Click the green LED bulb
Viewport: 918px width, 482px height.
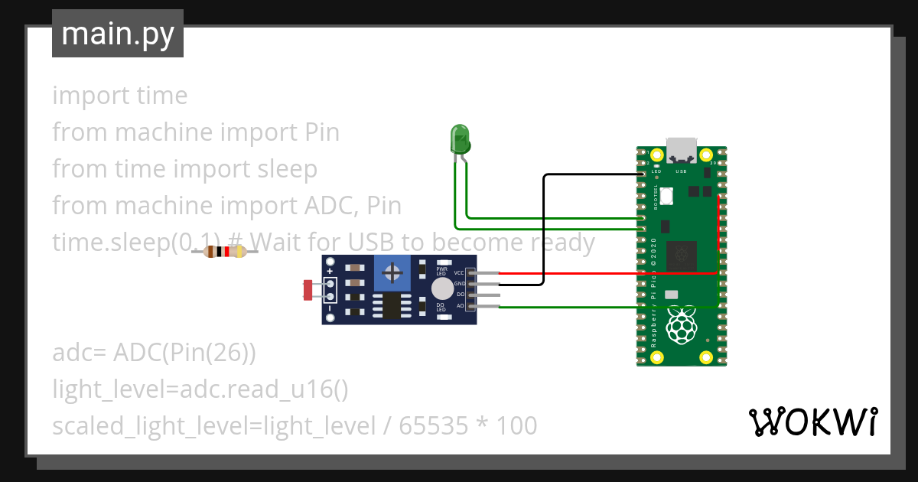click(461, 138)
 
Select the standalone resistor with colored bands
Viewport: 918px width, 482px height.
click(224, 252)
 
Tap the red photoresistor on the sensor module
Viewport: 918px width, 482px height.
click(308, 290)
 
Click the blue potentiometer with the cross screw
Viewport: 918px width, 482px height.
click(393, 273)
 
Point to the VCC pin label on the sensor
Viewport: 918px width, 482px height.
click(459, 272)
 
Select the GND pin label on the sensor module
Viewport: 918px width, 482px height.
click(460, 284)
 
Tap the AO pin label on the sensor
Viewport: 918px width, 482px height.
click(461, 306)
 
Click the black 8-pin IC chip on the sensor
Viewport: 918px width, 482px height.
click(392, 307)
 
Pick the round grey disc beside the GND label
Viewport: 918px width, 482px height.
click(441, 288)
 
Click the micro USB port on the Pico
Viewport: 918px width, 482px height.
click(681, 150)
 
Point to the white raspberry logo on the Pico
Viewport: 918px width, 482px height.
click(681, 327)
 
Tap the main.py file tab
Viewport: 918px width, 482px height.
click(118, 34)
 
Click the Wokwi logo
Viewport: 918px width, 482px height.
click(812, 422)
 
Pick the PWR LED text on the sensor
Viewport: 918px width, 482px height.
click(441, 271)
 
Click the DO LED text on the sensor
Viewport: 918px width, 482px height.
click(441, 307)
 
